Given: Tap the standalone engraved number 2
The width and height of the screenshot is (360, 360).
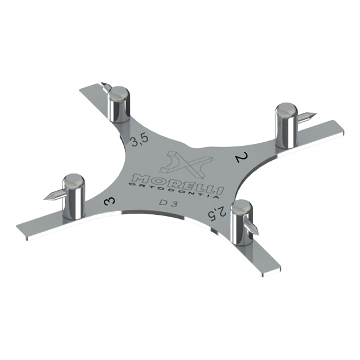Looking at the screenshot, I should pyautogui.click(x=241, y=158).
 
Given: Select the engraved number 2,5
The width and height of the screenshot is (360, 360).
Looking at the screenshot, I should pyautogui.click(x=221, y=212).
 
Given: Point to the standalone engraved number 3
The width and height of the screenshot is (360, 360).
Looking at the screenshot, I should pyautogui.click(x=109, y=202).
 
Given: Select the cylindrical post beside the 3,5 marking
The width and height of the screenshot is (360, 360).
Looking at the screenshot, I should pyautogui.click(x=119, y=104).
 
